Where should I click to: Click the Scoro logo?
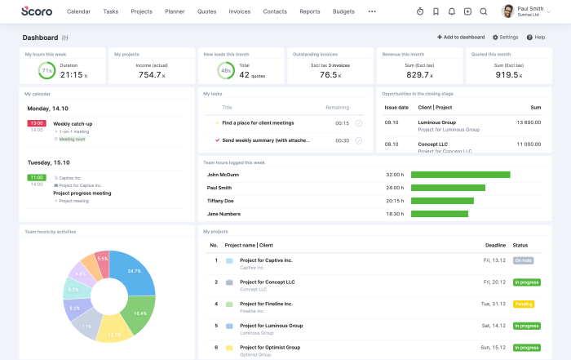[x=37, y=11]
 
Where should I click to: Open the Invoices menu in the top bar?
[x=239, y=12]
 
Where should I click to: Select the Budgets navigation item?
[x=344, y=12]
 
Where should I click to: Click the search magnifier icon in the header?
[x=484, y=12]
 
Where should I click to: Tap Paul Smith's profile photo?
[x=507, y=11]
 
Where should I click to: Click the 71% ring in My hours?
[x=46, y=71]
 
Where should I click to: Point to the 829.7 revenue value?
[x=418, y=74]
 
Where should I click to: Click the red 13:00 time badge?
[x=37, y=123]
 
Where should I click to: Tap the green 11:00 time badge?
[x=37, y=177]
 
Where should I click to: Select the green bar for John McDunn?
[x=460, y=175]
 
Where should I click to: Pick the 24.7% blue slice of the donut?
[x=134, y=273]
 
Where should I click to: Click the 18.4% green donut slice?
[x=139, y=313]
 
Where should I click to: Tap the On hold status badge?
[x=523, y=260]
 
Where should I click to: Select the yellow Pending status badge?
[x=523, y=304]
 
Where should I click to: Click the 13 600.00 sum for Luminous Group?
[x=529, y=122]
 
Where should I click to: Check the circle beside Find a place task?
[x=358, y=123]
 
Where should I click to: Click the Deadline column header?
[x=495, y=245]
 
